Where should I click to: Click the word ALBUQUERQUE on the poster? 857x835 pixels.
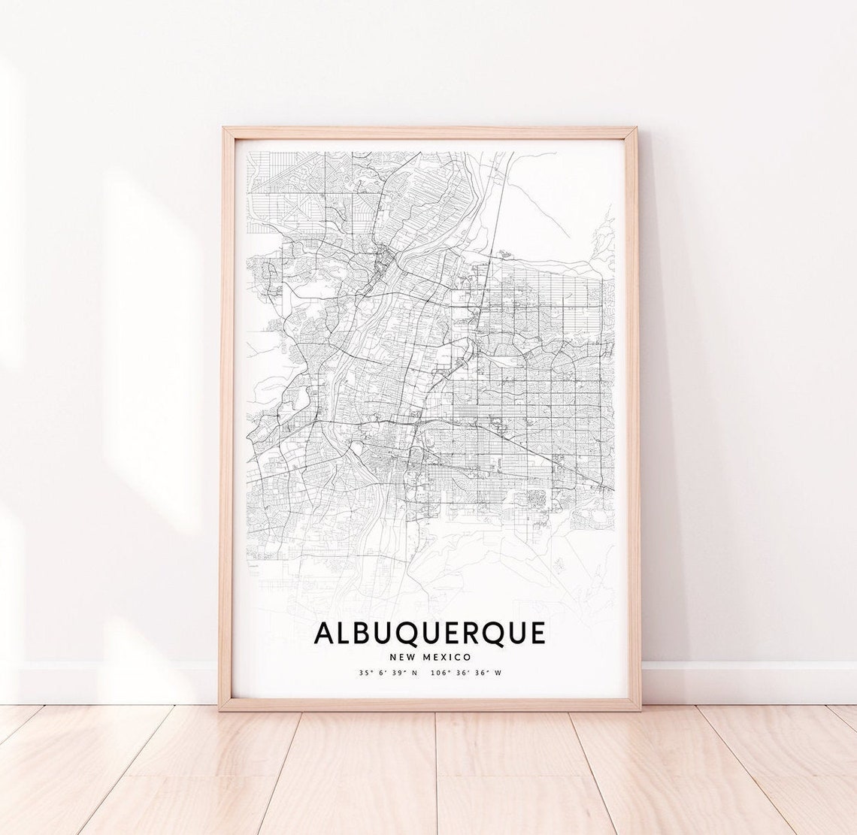(429, 632)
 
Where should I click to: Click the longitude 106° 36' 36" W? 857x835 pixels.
(466, 673)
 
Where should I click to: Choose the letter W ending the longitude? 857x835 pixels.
(498, 673)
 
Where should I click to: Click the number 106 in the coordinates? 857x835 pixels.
(439, 673)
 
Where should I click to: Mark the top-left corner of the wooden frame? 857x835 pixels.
(223, 129)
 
